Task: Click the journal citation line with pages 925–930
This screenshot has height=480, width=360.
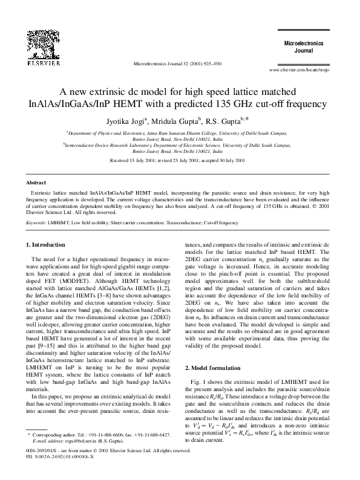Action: tap(180, 63)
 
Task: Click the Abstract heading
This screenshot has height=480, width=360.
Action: tap(38, 182)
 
